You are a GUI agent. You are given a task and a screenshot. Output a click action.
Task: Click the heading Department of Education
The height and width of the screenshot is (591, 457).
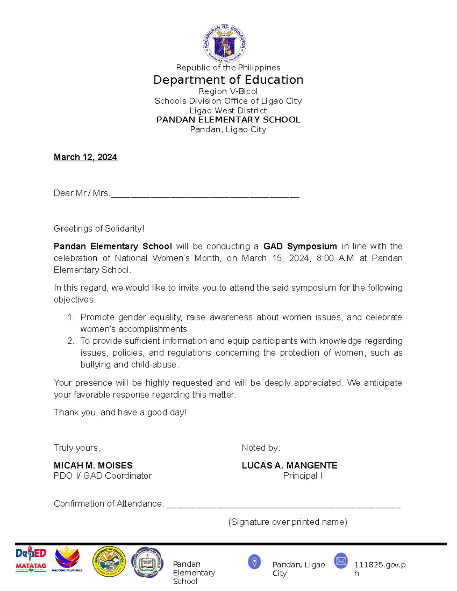228,80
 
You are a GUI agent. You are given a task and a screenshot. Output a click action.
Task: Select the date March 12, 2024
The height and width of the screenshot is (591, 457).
85,157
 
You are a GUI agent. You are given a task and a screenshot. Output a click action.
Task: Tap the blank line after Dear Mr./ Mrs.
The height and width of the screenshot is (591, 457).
205,196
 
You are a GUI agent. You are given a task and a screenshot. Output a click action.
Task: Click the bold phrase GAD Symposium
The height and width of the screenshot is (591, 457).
300,246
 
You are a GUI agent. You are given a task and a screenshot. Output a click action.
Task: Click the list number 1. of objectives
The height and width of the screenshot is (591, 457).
70,317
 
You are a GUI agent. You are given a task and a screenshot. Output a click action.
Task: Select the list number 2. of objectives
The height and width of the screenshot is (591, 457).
70,341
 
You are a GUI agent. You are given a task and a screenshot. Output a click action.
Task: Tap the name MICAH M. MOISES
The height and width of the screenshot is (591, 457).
93,465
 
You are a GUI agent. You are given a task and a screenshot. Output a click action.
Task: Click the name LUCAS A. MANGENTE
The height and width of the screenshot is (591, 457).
289,465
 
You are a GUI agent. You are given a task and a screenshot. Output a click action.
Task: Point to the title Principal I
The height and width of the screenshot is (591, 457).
303,476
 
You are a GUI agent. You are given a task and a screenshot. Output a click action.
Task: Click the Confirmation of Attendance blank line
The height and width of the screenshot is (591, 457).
283,506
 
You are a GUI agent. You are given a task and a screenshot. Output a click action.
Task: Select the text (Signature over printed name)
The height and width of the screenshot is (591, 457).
288,522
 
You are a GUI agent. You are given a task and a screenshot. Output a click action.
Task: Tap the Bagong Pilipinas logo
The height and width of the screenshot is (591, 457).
67,559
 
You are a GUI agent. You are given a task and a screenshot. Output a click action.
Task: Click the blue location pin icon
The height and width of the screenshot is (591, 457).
254,562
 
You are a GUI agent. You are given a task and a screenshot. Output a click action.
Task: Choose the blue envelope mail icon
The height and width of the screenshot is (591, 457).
341,561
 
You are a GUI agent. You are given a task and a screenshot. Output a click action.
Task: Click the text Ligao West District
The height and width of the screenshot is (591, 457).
228,110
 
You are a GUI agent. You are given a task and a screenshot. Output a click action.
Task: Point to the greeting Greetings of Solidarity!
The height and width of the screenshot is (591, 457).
99,228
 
